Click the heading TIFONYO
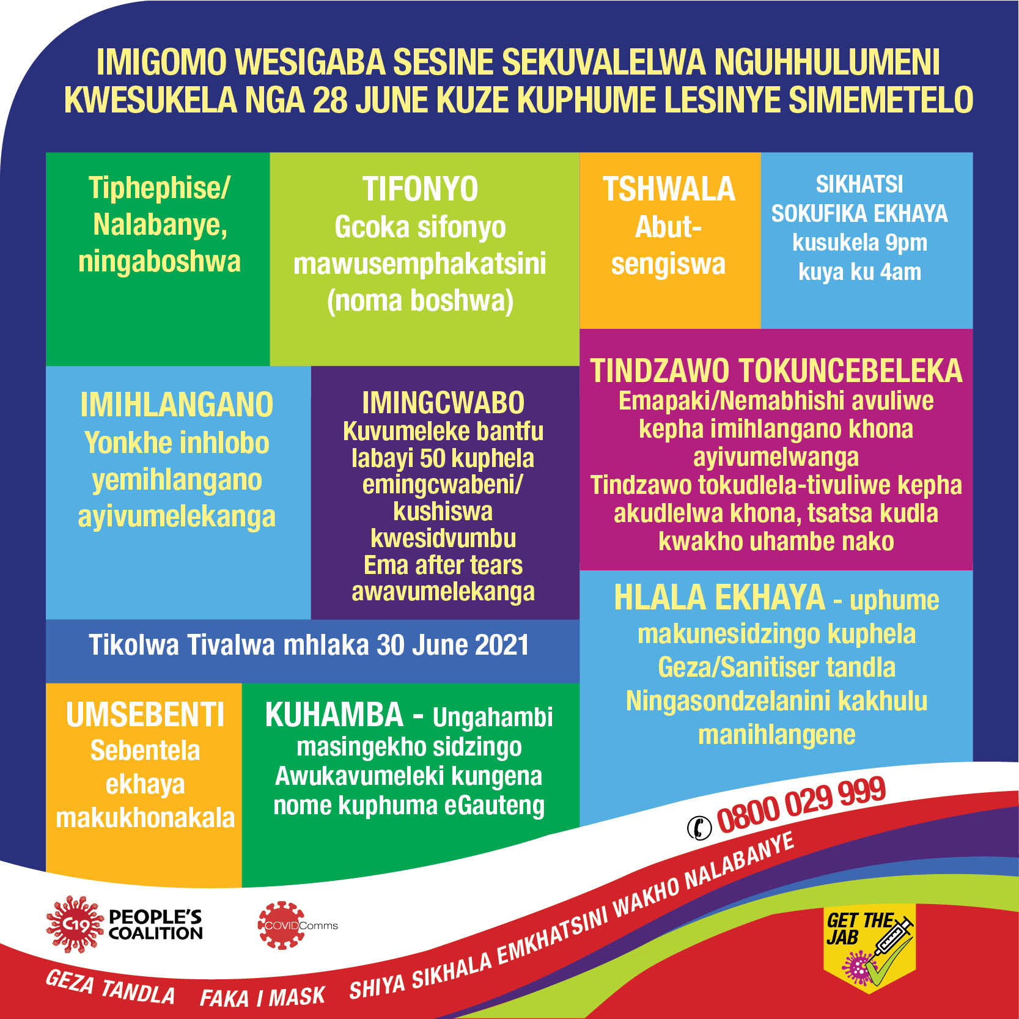(421, 189)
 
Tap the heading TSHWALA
(669, 189)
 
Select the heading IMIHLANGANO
(177, 405)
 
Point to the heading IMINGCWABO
(443, 403)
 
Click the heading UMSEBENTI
(145, 715)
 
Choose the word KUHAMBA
(334, 715)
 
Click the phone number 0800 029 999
(801, 806)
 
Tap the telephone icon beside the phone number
(699, 828)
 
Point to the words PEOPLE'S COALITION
(155, 925)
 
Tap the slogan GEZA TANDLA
(110, 986)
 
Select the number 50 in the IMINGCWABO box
(433, 458)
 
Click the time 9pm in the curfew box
(907, 243)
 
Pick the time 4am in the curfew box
(900, 272)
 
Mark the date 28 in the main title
(329, 100)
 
